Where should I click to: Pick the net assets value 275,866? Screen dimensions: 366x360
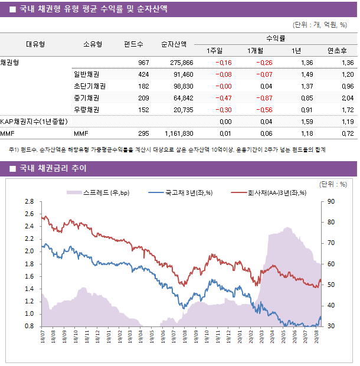click(x=181, y=63)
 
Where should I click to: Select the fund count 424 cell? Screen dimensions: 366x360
click(x=143, y=74)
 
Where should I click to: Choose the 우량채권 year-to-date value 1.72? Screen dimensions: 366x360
click(x=348, y=110)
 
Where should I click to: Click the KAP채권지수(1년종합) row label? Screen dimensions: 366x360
click(x=34, y=122)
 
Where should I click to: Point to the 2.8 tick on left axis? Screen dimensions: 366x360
click(x=30, y=201)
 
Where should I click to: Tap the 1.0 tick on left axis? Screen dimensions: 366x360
click(x=30, y=313)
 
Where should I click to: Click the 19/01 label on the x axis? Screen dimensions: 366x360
click(x=109, y=337)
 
